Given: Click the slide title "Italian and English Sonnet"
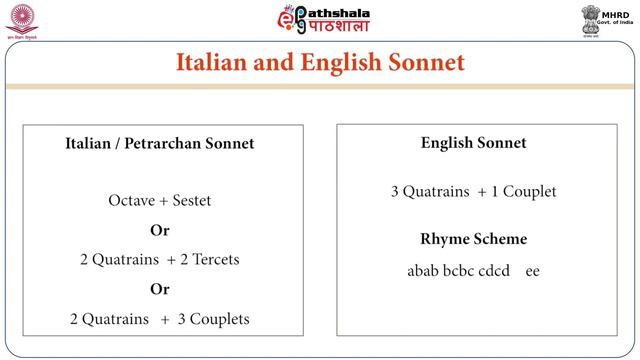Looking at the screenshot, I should (x=320, y=63).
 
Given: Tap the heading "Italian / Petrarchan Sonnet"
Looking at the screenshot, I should (x=160, y=144).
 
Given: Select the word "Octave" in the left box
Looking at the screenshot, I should (x=132, y=201).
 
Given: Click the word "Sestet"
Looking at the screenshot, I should (x=190, y=201).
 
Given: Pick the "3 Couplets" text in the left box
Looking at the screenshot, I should (x=214, y=320).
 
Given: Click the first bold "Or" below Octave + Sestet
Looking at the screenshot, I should (x=160, y=230).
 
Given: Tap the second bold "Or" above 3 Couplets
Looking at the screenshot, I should (x=160, y=290).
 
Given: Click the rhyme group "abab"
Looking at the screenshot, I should (x=423, y=271).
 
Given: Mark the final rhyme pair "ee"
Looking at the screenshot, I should (x=532, y=271).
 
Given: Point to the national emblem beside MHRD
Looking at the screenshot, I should (x=591, y=19).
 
